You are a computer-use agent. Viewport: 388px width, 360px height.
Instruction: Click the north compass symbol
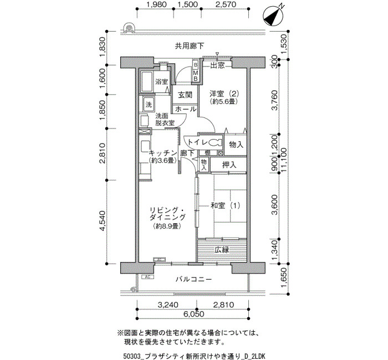pyautogui.click(x=273, y=16)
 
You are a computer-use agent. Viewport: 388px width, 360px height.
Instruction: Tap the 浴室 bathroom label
pyautogui.click(x=162, y=81)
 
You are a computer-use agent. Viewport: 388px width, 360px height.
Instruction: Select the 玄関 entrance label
pyautogui.click(x=185, y=95)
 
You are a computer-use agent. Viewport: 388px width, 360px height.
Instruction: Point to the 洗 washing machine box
pyautogui.click(x=149, y=105)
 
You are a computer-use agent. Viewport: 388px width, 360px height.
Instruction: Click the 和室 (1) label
pyautogui.click(x=225, y=205)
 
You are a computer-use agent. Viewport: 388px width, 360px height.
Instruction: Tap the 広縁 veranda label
pyautogui.click(x=222, y=250)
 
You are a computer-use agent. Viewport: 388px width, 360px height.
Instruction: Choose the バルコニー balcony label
pyautogui.click(x=194, y=279)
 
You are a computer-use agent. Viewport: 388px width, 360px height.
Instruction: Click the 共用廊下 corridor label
pyautogui.click(x=190, y=46)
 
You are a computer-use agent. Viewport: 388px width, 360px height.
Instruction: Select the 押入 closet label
pyautogui.click(x=229, y=164)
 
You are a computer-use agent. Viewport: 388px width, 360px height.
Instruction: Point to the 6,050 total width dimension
pyautogui.click(x=194, y=314)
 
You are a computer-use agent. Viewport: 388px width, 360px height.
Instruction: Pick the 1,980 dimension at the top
pyautogui.click(x=156, y=4)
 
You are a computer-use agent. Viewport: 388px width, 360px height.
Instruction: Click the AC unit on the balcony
pyautogui.click(x=148, y=277)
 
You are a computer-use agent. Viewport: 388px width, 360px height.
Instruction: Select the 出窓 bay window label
pyautogui.click(x=217, y=65)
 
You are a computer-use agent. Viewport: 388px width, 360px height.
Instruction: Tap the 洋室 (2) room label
pyautogui.click(x=224, y=94)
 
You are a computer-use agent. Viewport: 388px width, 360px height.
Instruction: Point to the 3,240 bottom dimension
pyautogui.click(x=168, y=305)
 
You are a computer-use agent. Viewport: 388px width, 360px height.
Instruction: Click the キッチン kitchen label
pyautogui.click(x=163, y=153)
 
